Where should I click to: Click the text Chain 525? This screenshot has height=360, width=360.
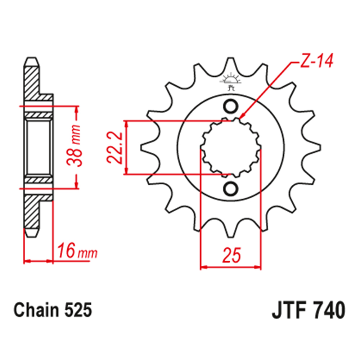pos(53,310)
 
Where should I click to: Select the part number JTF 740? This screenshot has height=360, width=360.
pos(308,310)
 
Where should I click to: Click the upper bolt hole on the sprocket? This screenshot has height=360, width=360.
pos(230,106)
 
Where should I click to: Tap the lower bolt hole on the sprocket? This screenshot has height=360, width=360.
pos(230,189)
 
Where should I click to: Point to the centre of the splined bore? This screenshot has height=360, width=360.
pos(230,148)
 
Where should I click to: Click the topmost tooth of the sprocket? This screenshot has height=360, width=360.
pos(230,65)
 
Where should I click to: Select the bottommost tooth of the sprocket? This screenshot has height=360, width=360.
pos(230,232)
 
